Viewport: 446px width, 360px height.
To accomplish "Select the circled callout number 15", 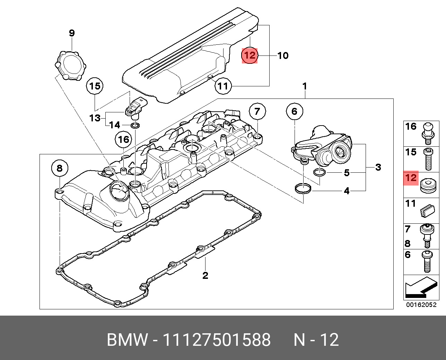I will tap(95, 86).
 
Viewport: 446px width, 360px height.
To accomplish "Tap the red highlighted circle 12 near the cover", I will tap(250, 55).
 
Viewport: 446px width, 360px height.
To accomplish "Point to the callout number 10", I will tap(283, 55).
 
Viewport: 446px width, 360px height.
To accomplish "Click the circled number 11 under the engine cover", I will tap(224, 86).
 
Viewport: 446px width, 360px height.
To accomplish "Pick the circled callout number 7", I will tap(257, 111).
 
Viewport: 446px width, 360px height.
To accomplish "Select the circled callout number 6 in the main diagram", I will tap(294, 111).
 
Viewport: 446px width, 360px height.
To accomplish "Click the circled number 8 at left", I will tap(60, 169).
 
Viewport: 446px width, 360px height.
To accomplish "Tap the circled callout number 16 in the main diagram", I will tap(124, 140).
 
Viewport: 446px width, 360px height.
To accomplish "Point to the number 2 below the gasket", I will tap(205, 276).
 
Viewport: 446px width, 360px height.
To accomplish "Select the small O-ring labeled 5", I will tap(319, 172).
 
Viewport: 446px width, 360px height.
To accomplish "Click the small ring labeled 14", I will tap(135, 125).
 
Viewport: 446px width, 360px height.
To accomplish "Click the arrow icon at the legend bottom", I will tap(420, 288).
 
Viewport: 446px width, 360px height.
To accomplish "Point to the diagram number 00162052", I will tap(421, 305).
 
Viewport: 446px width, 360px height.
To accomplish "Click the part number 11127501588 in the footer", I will tap(217, 340).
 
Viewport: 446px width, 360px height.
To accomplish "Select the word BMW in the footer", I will tap(127, 340).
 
